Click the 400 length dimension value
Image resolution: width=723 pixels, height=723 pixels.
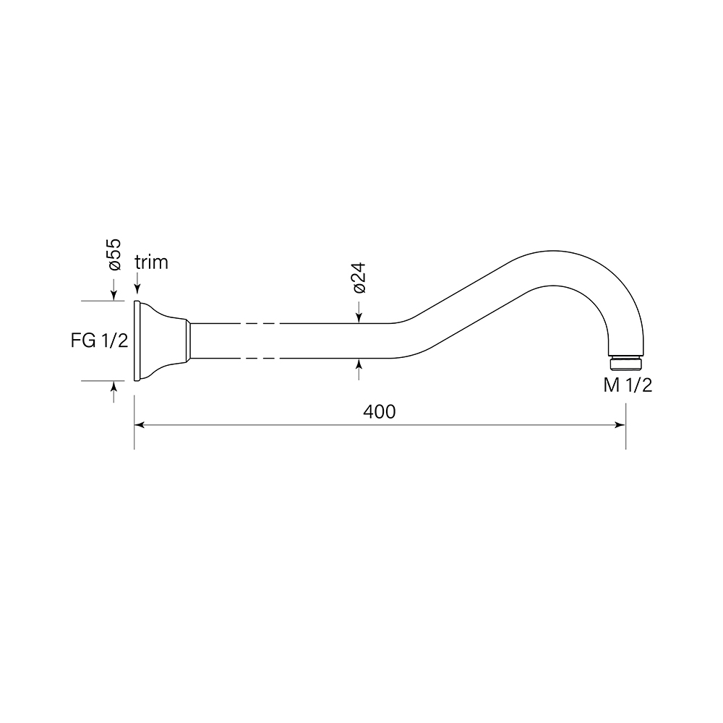(379, 412)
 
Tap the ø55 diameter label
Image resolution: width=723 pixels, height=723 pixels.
(114, 254)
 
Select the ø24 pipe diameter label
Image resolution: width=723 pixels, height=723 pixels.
(359, 278)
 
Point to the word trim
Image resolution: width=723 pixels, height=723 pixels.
(151, 262)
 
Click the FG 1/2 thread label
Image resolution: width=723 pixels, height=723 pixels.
(99, 341)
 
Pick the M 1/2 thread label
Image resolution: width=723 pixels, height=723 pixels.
(628, 385)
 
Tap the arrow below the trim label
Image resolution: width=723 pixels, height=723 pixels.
(137, 283)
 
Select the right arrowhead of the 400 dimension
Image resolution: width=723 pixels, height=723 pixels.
(620, 424)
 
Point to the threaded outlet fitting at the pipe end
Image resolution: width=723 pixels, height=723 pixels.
(625, 362)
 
